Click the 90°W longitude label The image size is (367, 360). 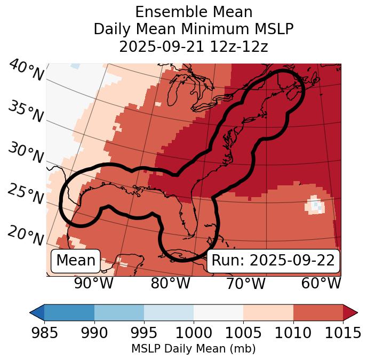(94, 283)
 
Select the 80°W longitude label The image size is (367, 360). (170, 283)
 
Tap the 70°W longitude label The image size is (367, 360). (245, 283)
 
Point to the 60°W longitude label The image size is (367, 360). (321, 283)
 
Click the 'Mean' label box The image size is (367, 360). (76, 261)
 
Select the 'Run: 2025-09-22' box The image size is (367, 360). (273, 261)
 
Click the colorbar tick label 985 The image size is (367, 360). (44, 333)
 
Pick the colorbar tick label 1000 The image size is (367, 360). (194, 333)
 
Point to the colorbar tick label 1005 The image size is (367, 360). (243, 333)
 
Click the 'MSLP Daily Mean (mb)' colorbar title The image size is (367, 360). (194, 349)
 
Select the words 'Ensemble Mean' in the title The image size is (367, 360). (194, 12)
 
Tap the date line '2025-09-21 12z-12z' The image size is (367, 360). (194, 46)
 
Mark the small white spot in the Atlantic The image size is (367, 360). (316, 205)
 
